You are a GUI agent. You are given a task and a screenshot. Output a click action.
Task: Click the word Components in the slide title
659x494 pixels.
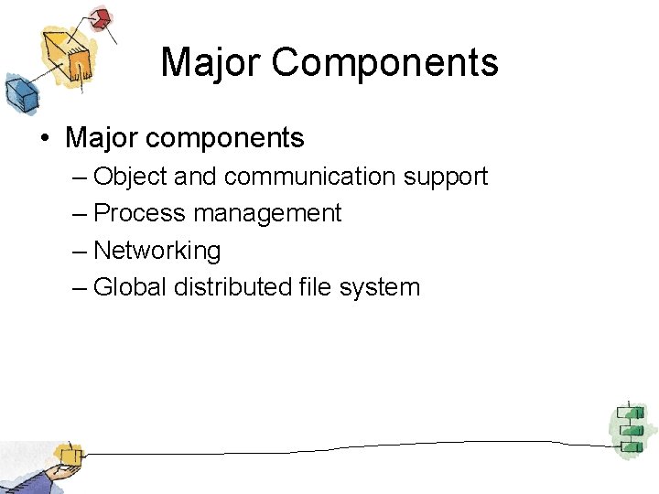tap(384, 62)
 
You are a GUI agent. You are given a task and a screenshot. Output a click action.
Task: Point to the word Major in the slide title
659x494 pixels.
tap(211, 62)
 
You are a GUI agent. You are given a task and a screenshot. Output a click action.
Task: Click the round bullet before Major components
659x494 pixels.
tap(44, 139)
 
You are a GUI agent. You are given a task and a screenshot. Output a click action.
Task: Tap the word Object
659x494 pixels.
tap(124, 176)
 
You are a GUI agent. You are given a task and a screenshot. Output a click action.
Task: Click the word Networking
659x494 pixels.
tap(157, 251)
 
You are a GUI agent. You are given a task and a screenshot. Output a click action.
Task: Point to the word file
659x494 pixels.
tap(314, 287)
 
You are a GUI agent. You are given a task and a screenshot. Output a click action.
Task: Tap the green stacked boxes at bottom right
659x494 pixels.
tap(629, 427)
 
